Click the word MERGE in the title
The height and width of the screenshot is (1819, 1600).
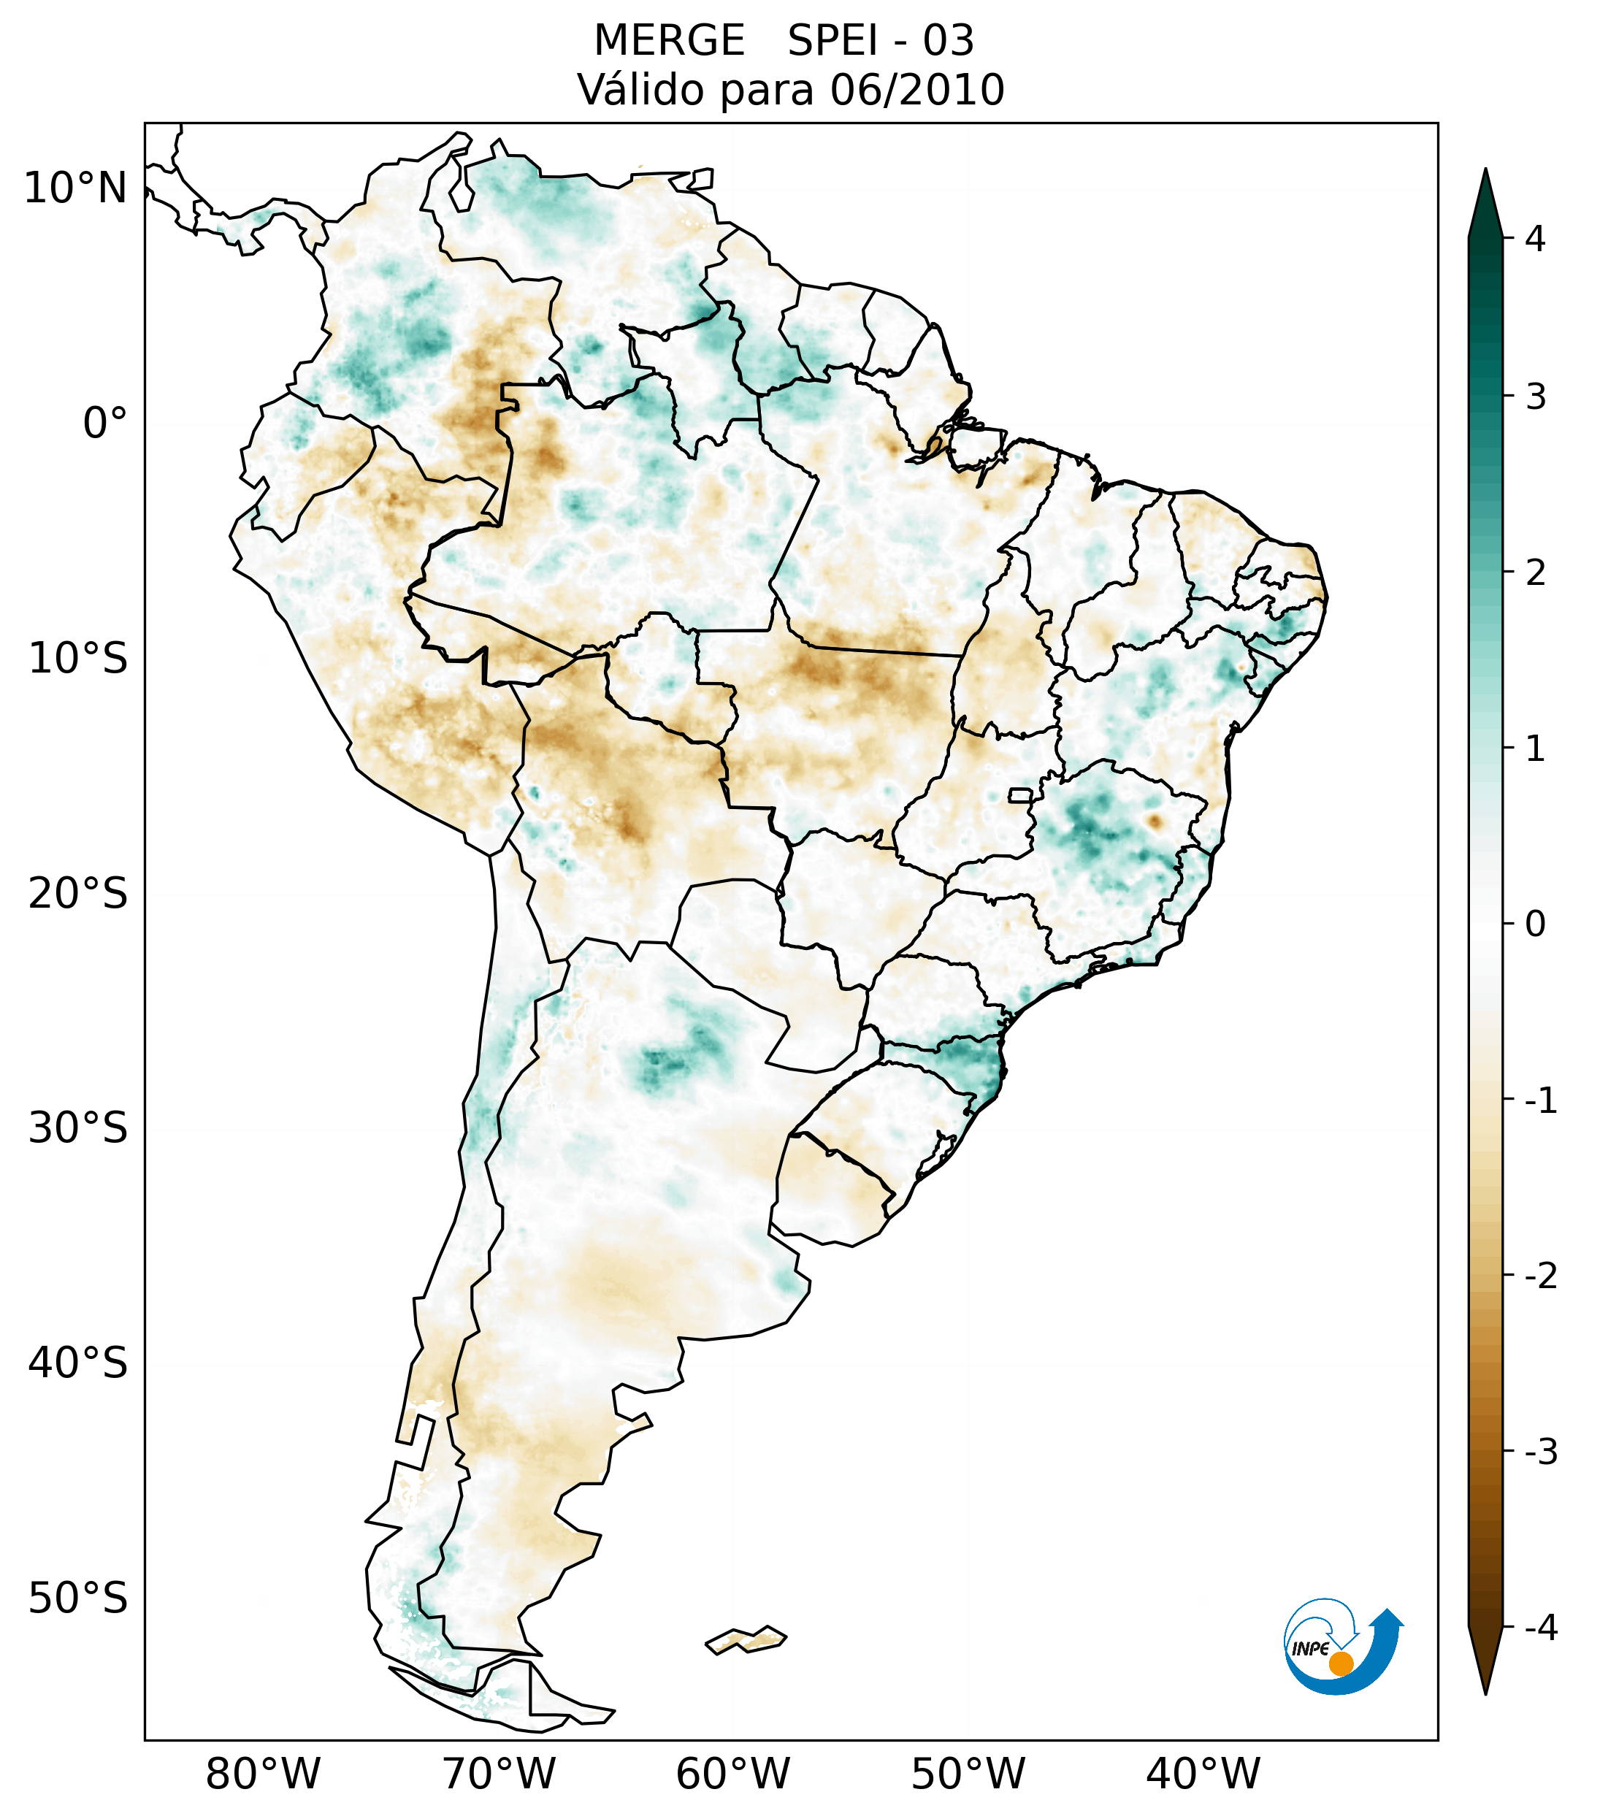point(668,41)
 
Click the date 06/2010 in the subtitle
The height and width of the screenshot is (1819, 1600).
point(917,90)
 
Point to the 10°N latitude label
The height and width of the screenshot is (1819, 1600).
point(76,188)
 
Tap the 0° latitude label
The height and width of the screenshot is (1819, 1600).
point(105,424)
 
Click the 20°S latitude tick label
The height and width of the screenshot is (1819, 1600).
point(78,894)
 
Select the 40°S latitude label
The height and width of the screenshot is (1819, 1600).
point(78,1363)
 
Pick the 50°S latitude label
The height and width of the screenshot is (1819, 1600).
point(78,1598)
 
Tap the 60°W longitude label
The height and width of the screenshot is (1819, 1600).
point(732,1774)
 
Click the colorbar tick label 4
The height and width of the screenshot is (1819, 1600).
point(1535,239)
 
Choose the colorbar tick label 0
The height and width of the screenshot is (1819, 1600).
point(1535,924)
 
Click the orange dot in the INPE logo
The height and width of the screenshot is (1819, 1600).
point(1341,1663)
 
